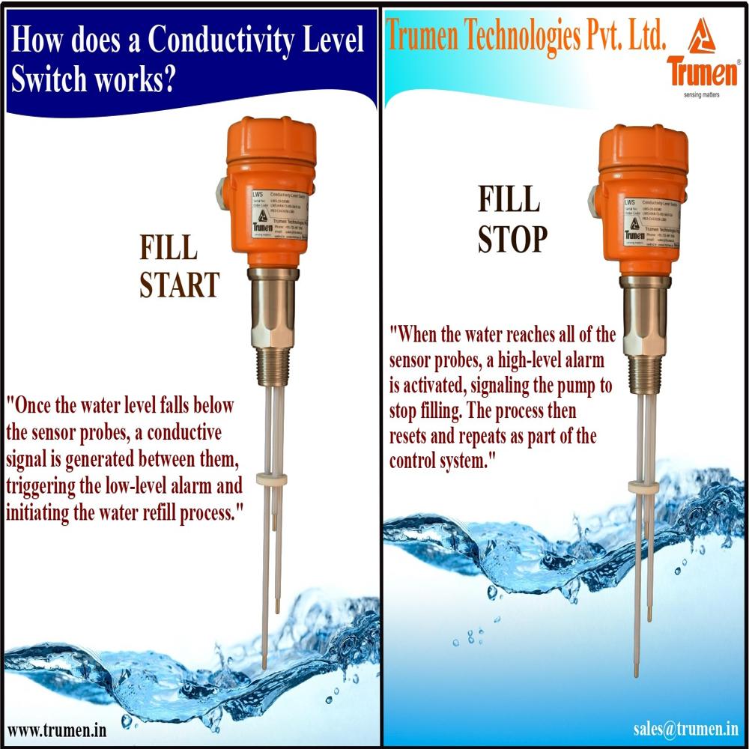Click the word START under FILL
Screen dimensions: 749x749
click(x=180, y=285)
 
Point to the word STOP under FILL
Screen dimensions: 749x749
click(x=513, y=240)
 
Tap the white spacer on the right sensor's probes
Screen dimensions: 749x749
click(x=643, y=487)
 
